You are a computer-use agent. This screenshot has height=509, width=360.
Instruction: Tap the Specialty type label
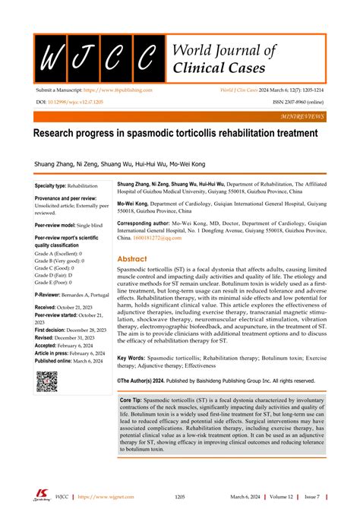[51, 185]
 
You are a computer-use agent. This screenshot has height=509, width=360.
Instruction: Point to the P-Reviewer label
[49, 293]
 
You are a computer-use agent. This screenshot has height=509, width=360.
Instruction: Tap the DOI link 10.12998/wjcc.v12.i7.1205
[78, 100]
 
